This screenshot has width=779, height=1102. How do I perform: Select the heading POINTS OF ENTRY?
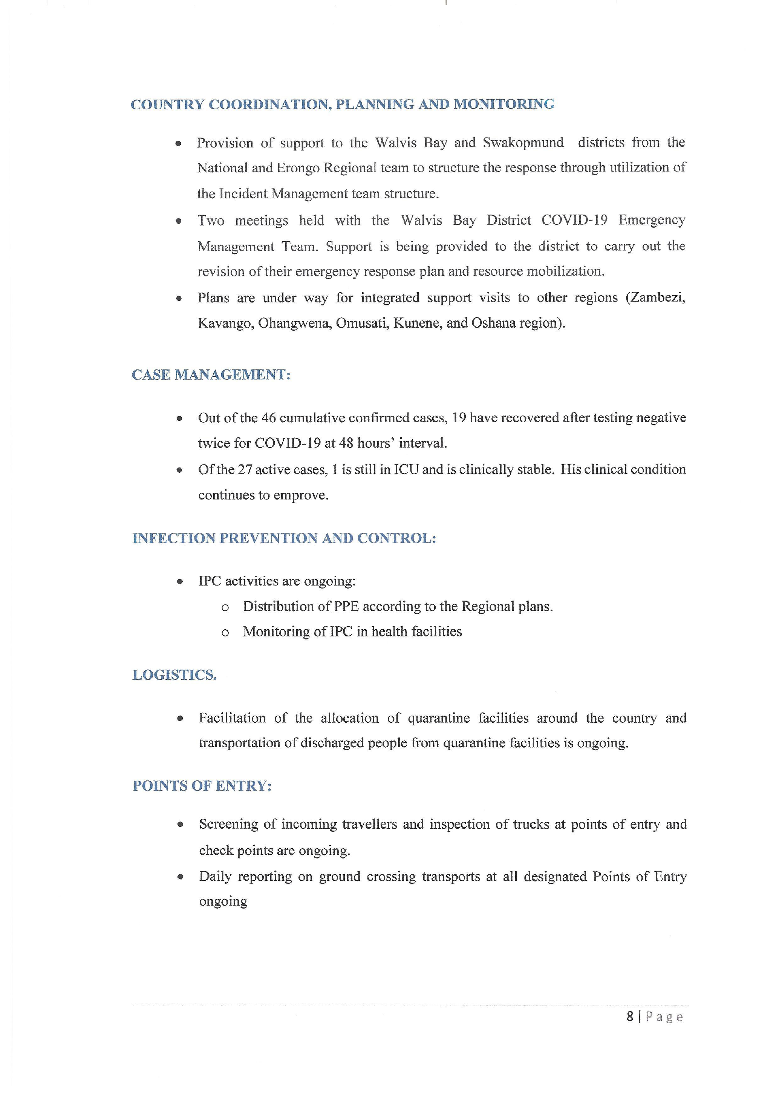click(x=202, y=786)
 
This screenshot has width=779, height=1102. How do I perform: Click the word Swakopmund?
click(x=523, y=143)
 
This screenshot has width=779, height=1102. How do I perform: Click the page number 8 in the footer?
click(x=630, y=1016)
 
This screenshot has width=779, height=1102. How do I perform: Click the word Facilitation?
click(x=232, y=719)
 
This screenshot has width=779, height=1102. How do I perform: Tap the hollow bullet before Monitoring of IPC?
click(x=225, y=633)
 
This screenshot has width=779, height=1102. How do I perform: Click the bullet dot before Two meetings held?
click(x=178, y=221)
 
